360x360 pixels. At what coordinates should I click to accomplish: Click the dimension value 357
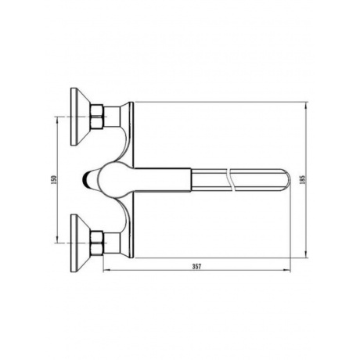196,267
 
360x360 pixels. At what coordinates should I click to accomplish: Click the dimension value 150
54,180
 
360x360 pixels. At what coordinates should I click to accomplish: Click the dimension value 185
302,180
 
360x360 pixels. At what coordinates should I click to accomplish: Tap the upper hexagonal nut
96,117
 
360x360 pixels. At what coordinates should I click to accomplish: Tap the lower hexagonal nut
96,243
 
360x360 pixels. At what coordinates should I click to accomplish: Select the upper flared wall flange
81,117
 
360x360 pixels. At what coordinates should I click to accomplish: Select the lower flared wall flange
81,243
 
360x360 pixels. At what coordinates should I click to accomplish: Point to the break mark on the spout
231,180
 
